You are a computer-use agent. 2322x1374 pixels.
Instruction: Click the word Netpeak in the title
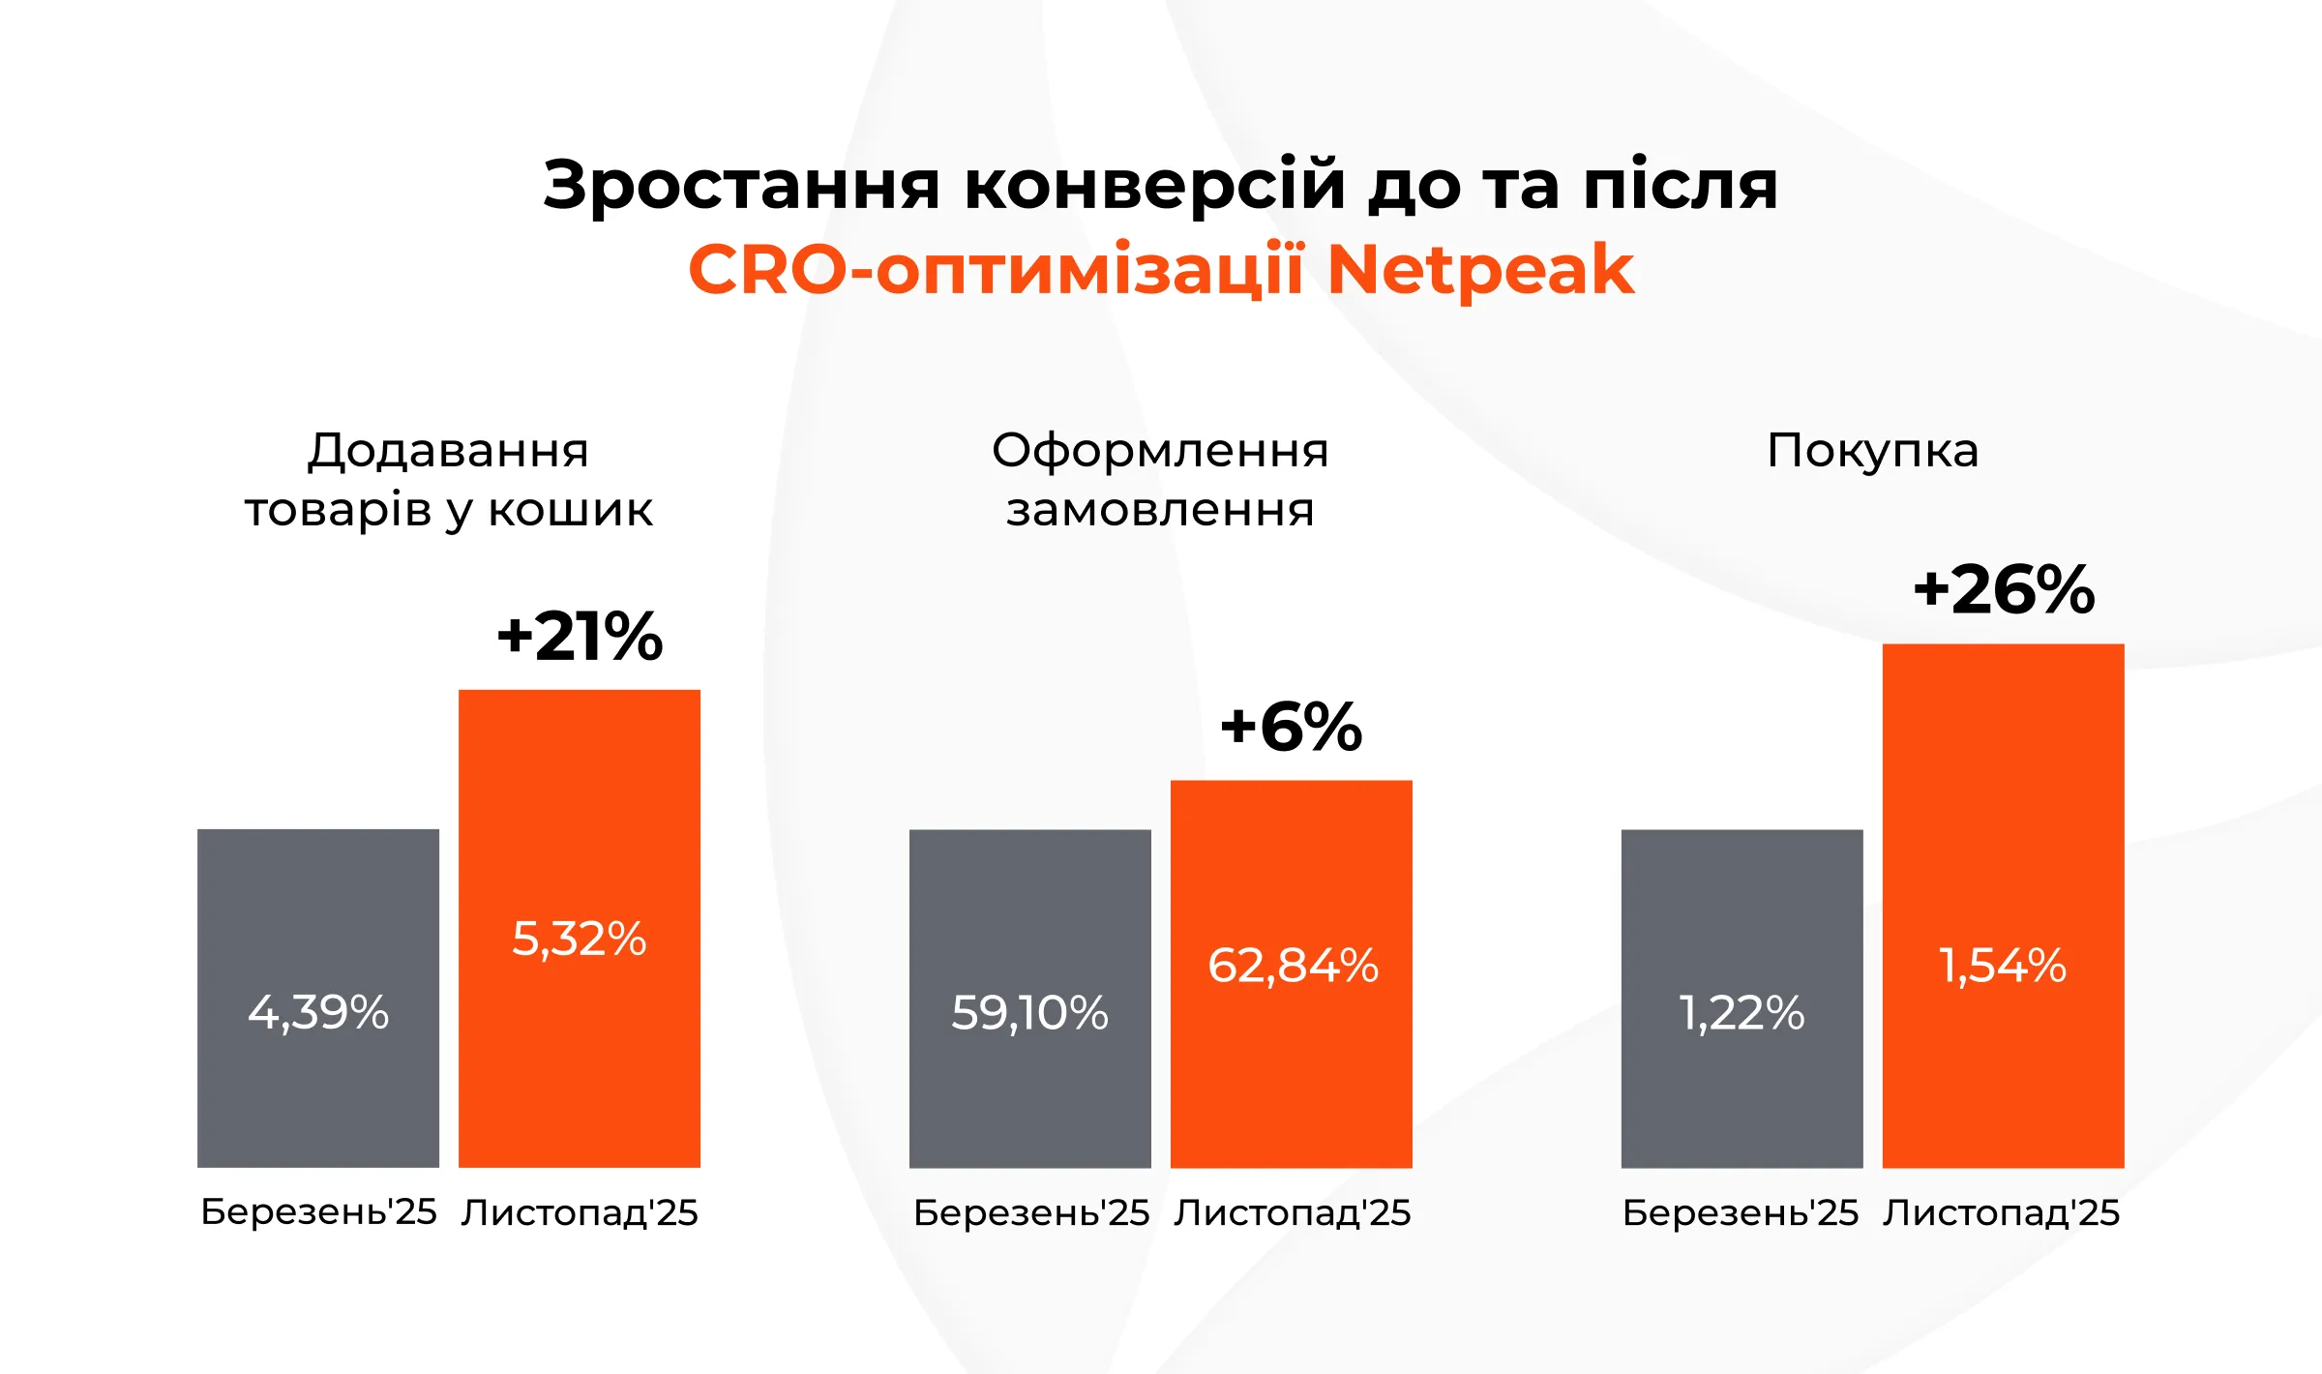point(1480,270)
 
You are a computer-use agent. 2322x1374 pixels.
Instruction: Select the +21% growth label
point(580,637)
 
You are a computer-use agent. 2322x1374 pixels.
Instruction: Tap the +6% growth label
point(1292,728)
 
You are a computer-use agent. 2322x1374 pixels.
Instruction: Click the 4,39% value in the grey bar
point(318,1013)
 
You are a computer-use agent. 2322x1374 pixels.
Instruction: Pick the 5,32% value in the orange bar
point(579,939)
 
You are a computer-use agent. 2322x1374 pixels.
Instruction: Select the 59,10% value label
point(1029,1013)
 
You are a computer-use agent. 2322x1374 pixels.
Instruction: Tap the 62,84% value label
point(1293,966)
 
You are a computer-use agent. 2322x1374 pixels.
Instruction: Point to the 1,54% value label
point(2003,966)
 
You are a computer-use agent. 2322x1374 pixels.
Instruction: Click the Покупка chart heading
point(1872,451)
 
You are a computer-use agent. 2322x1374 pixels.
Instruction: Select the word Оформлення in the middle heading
point(1160,451)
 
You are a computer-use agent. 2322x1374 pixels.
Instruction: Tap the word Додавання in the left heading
point(448,451)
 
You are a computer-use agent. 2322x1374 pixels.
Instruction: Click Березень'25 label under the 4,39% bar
point(318,1212)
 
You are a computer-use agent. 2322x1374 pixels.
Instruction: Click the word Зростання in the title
point(741,185)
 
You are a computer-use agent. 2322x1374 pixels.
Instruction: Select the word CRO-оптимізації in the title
point(997,270)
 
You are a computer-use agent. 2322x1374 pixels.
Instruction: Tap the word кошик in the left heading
point(570,510)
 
